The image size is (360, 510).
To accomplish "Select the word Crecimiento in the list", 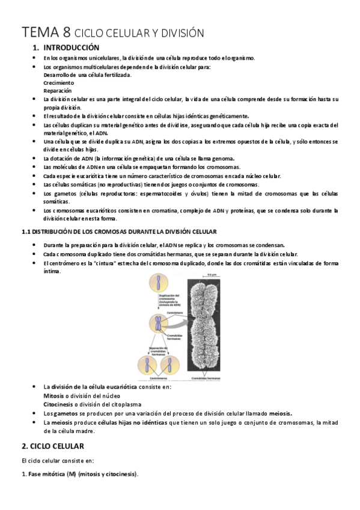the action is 59,82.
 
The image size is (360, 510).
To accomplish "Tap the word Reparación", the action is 57,90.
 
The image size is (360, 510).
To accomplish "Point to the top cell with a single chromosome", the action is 158,284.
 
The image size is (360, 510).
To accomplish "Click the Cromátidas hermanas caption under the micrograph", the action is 206,378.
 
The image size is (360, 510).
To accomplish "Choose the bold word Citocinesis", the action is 61,405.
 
